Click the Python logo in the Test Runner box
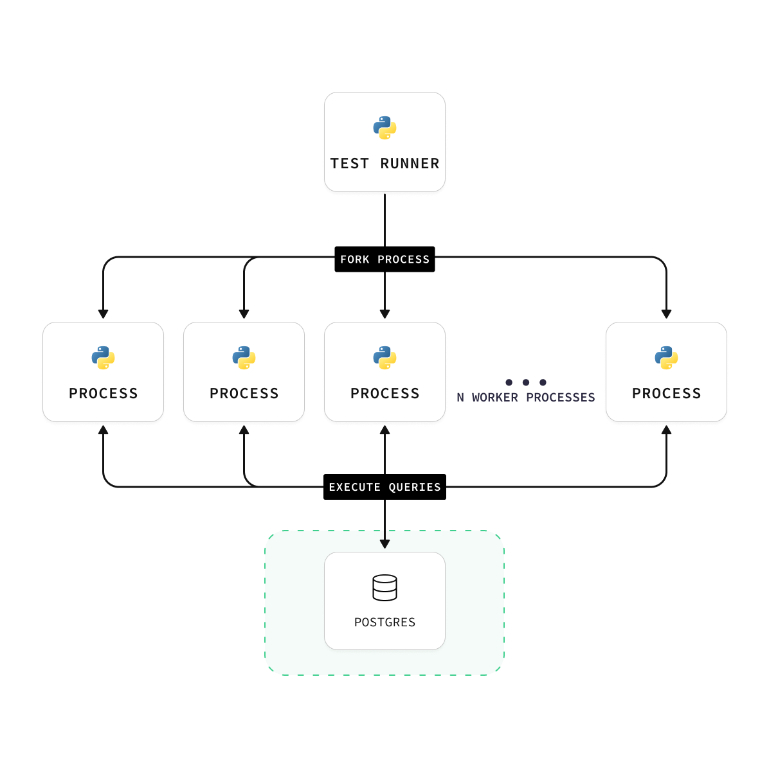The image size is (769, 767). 384,128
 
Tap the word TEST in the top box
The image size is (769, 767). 350,164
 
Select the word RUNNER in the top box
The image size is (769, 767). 410,164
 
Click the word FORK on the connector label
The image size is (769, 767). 355,260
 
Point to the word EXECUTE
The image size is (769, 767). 354,488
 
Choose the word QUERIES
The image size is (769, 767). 415,488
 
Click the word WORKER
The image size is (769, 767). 494,398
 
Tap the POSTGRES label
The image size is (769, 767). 384,622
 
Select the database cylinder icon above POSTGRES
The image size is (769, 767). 384,588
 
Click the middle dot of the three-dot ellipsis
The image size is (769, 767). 526,383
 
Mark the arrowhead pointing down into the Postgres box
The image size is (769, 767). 384,544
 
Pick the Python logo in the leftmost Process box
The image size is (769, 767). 103,358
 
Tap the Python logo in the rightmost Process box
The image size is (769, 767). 666,358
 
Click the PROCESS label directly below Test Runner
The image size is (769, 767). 384,394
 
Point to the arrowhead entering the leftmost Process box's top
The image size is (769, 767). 103,314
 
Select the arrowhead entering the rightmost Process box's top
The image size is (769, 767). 666,314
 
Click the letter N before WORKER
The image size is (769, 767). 460,398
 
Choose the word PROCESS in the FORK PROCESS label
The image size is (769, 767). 403,260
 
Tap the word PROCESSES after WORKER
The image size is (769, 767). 560,398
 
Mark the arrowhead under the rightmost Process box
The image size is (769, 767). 666,429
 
